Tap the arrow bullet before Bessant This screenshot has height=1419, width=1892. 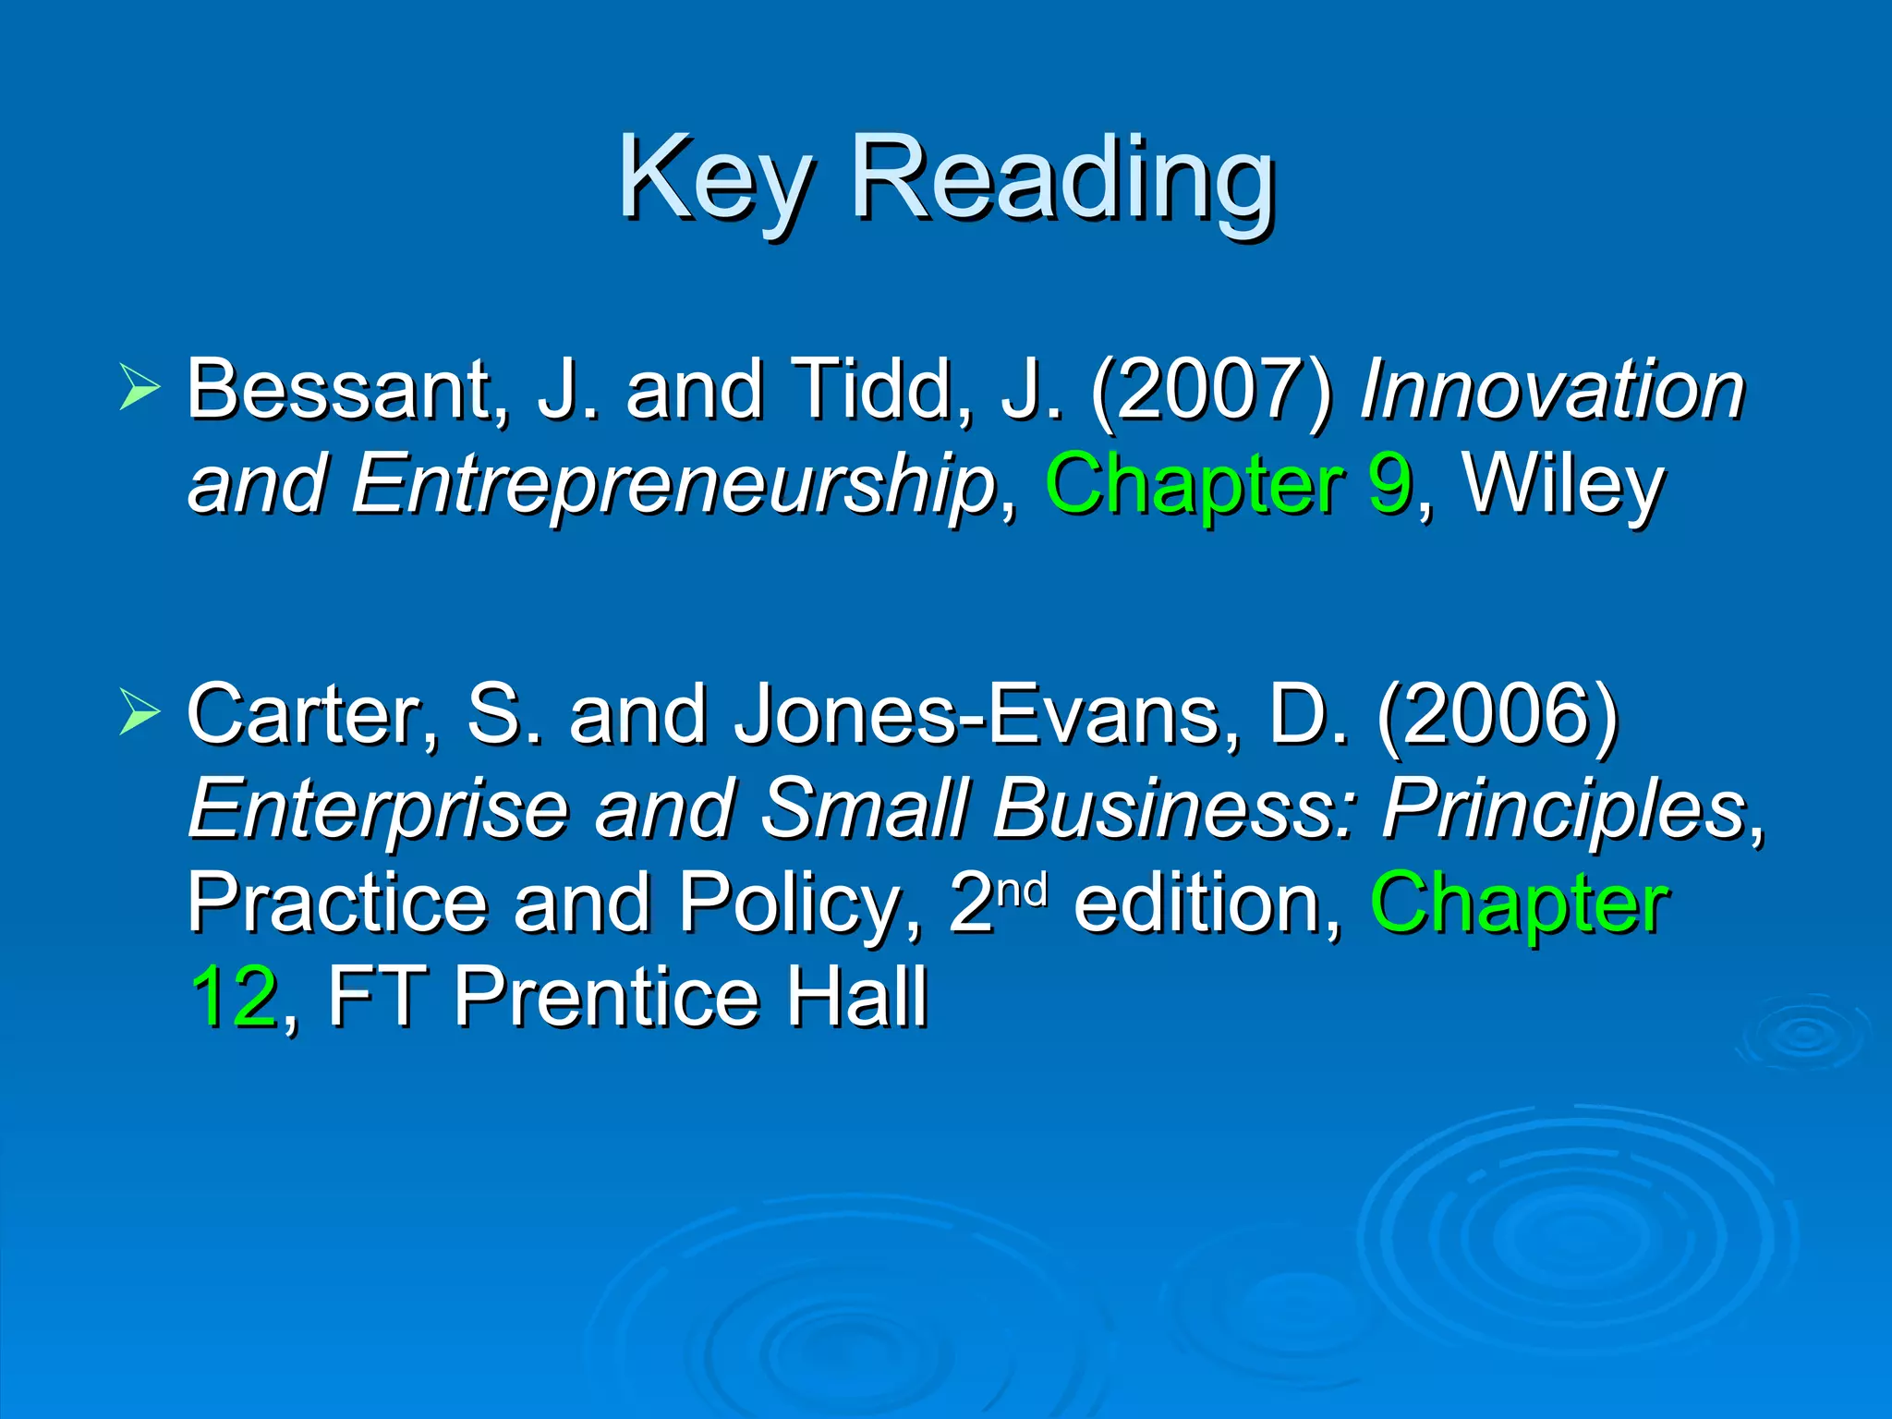(139, 387)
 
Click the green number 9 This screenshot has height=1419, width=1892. (1390, 483)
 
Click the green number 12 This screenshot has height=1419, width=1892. (234, 997)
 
